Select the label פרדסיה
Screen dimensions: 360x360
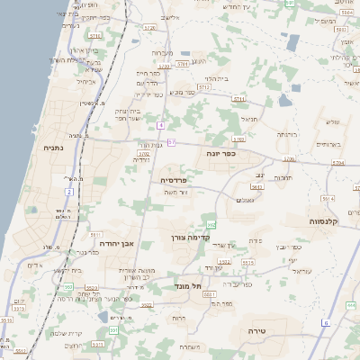[174, 180]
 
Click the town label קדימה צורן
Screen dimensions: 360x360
[190, 238]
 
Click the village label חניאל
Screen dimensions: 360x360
[249, 117]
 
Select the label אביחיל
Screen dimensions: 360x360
[85, 81]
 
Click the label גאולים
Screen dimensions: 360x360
[246, 200]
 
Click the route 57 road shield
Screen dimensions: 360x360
[171, 142]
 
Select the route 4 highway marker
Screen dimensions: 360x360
[160, 124]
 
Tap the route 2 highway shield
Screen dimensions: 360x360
[68, 192]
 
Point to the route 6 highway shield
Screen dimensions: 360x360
[326, 322]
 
